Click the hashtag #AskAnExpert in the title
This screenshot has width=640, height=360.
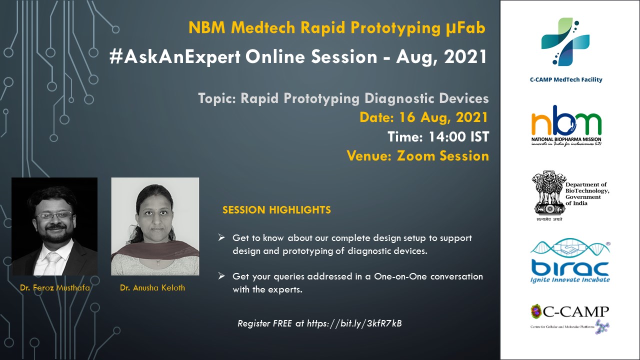[x=175, y=57]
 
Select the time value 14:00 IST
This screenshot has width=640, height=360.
[x=459, y=136]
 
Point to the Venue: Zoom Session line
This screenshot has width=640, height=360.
[x=417, y=155]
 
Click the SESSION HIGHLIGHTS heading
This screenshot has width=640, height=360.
[x=276, y=210]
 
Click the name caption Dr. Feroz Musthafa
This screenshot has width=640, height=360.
[x=55, y=287]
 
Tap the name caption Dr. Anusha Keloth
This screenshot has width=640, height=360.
[x=152, y=287]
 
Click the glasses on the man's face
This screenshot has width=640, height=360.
[x=54, y=215]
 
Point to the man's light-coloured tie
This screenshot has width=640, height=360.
[x=53, y=263]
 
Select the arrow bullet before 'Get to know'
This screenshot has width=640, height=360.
[x=221, y=237]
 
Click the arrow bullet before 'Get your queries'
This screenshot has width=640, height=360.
[x=221, y=276]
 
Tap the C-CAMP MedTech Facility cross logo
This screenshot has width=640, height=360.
[x=565, y=41]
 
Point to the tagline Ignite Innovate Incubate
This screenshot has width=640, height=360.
[x=570, y=279]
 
